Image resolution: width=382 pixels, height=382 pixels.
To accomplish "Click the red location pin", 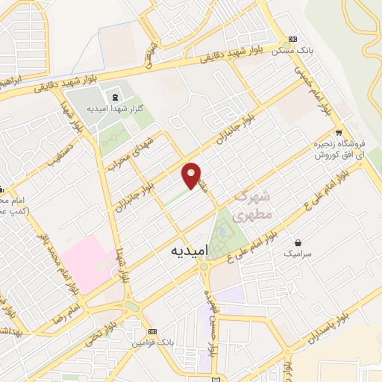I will click(x=192, y=175).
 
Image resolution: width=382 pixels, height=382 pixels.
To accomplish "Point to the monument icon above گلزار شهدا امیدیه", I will click(x=115, y=96).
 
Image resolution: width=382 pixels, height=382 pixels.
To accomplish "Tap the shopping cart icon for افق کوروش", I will click(x=339, y=134).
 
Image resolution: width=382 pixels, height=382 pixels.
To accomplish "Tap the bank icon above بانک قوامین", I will click(x=153, y=331).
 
